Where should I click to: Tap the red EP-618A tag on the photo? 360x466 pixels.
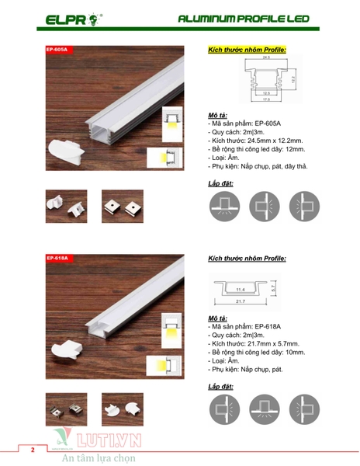[59, 258]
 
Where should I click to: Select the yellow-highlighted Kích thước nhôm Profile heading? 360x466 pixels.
[247, 49]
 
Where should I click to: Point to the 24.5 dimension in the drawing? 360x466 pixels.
[266, 58]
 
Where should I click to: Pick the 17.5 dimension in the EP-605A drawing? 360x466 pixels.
[266, 100]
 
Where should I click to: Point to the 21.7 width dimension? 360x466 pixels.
[241, 301]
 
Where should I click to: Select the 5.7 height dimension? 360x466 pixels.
[275, 286]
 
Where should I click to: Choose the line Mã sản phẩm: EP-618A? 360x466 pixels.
[247, 327]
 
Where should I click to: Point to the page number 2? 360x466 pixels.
[33, 450]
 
